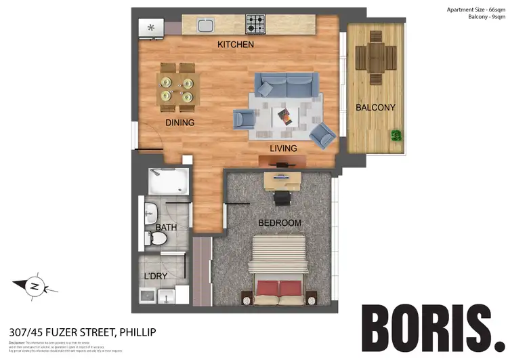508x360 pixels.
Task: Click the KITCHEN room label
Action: click(x=235, y=45)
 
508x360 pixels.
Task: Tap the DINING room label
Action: click(x=179, y=123)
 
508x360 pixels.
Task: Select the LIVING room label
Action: click(x=282, y=148)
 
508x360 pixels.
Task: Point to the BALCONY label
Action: click(x=375, y=107)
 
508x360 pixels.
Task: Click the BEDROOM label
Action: click(x=279, y=222)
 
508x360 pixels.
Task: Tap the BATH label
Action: click(x=166, y=227)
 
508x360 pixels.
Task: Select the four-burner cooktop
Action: click(x=255, y=26)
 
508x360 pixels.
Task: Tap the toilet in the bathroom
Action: click(x=158, y=239)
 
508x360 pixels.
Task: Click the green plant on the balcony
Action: click(x=395, y=136)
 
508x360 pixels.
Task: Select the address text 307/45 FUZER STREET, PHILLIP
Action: click(x=82, y=332)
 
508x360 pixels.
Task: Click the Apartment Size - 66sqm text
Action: click(x=475, y=9)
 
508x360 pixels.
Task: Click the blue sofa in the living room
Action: click(x=287, y=85)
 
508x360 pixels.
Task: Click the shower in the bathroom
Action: click(x=169, y=181)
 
